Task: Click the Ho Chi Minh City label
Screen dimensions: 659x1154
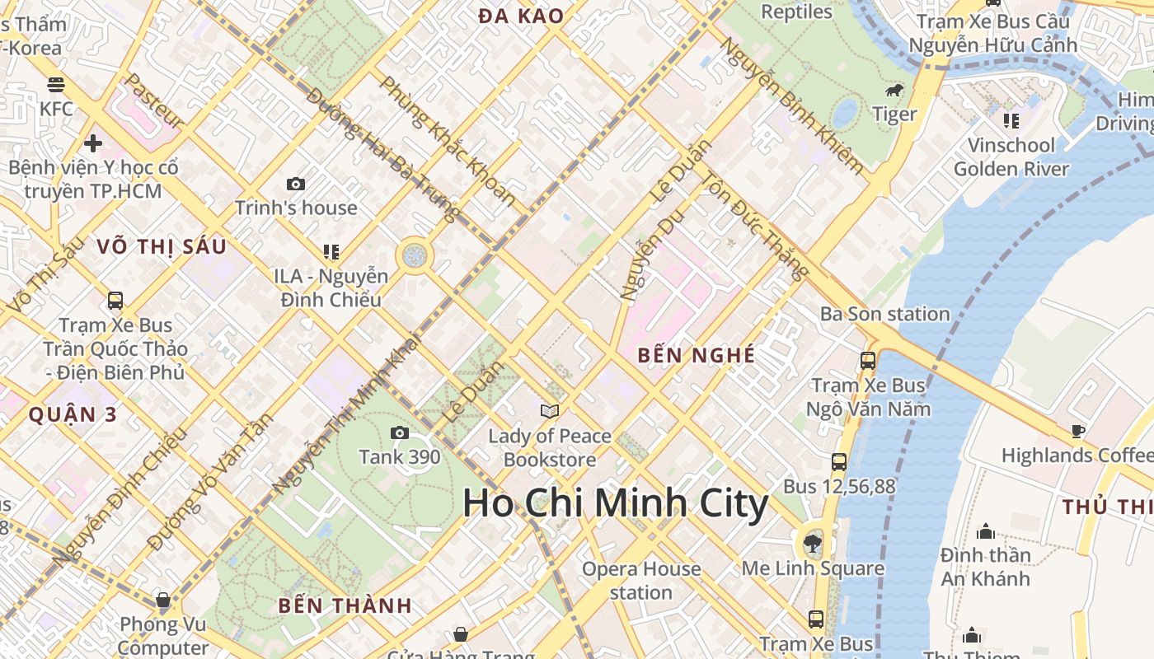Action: pyautogui.click(x=615, y=503)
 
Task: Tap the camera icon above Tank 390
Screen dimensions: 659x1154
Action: pyautogui.click(x=399, y=432)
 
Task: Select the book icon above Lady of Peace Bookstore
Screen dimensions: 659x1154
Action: pyautogui.click(x=549, y=411)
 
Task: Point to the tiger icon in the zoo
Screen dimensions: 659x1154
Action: pyautogui.click(x=894, y=91)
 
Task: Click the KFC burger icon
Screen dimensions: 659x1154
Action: pyautogui.click(x=56, y=84)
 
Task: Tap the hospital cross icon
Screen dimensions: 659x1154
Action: pyautogui.click(x=92, y=143)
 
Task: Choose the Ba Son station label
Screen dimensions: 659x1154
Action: pyautogui.click(x=884, y=314)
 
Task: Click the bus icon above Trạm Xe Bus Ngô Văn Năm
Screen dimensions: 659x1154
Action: pyautogui.click(x=867, y=360)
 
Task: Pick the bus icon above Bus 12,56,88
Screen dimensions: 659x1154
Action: pyautogui.click(x=839, y=462)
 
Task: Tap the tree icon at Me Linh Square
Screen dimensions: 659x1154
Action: pyautogui.click(x=813, y=543)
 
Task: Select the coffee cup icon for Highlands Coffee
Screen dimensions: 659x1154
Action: pyautogui.click(x=1077, y=431)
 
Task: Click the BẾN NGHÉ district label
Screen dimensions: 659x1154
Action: pyautogui.click(x=697, y=355)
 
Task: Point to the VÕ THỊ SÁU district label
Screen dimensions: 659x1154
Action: pyautogui.click(x=161, y=246)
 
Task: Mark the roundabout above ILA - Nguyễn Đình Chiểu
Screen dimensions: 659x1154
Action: pyautogui.click(x=415, y=256)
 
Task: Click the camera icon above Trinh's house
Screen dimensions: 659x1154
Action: pyautogui.click(x=295, y=184)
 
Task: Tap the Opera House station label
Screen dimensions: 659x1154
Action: pyautogui.click(x=641, y=580)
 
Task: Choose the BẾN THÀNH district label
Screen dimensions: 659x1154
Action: pyautogui.click(x=345, y=605)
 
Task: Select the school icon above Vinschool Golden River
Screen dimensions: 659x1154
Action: pyautogui.click(x=1011, y=121)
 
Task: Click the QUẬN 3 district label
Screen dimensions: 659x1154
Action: pyautogui.click(x=73, y=414)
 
